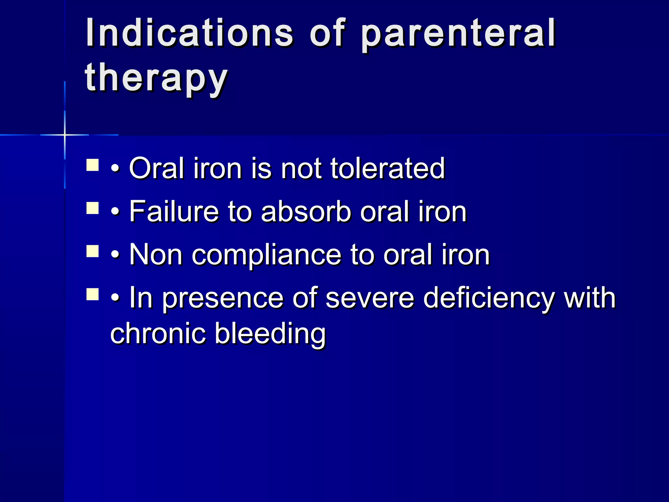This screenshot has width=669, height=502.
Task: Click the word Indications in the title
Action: pyautogui.click(x=189, y=33)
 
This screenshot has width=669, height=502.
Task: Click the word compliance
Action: pyautogui.click(x=266, y=255)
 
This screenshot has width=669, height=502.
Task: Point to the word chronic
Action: pyautogui.click(x=158, y=334)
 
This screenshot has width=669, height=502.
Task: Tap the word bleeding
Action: pyautogui.click(x=270, y=334)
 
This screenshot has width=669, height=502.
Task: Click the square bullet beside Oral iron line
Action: pyautogui.click(x=93, y=165)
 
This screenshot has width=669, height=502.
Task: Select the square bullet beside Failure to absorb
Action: pyautogui.click(x=93, y=208)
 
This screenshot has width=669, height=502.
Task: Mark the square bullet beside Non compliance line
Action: pyautogui.click(x=93, y=252)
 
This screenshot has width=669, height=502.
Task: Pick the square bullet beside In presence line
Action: pyautogui.click(x=93, y=294)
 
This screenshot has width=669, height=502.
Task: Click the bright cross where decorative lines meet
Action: pyautogui.click(x=65, y=135)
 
